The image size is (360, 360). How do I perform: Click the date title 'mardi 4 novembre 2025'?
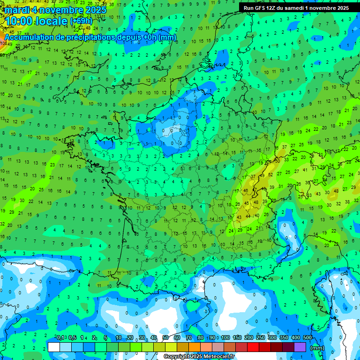coord(56,10)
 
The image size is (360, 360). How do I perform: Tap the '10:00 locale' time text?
coord(36,21)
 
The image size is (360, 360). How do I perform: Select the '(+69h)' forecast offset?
coord(81,21)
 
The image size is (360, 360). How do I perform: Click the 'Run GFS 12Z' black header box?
coord(296,8)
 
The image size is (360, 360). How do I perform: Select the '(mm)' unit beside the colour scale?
coord(317,348)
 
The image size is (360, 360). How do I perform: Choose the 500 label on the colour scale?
coord(307,338)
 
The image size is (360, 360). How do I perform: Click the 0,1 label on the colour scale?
coord(60,338)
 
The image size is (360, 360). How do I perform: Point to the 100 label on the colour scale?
coord(225,338)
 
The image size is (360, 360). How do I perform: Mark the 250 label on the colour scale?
coord(260,338)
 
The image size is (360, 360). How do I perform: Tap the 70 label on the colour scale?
coord(189,338)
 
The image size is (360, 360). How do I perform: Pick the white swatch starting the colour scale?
coord(54,347)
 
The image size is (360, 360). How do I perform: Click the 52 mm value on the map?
coord(270,174)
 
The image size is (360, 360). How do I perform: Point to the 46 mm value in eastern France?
coord(246,191)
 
